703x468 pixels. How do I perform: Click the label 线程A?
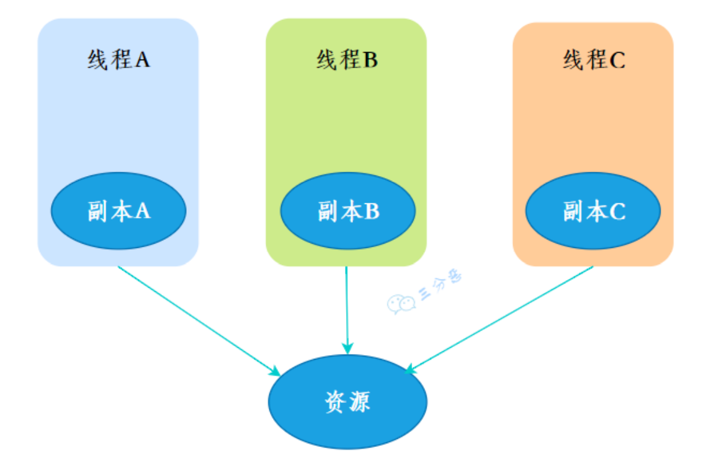(119, 60)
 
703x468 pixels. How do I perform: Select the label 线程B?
(346, 60)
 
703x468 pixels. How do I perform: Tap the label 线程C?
(593, 60)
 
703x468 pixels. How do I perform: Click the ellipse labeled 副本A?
(119, 211)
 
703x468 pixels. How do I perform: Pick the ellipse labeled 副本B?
(347, 211)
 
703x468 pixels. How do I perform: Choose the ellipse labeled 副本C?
(593, 211)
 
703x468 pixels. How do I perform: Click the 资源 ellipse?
(347, 402)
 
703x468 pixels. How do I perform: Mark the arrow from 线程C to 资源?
(499, 320)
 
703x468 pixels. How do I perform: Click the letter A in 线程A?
(142, 60)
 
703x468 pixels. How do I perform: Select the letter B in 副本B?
(371, 211)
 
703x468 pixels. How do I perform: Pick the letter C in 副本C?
(617, 211)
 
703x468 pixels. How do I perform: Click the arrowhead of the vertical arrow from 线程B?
(347, 349)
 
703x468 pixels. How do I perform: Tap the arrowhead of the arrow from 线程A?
(275, 371)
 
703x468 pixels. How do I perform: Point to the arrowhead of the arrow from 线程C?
(409, 370)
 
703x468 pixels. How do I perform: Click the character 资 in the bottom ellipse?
(336, 402)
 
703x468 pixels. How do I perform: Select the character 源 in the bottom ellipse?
(359, 402)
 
